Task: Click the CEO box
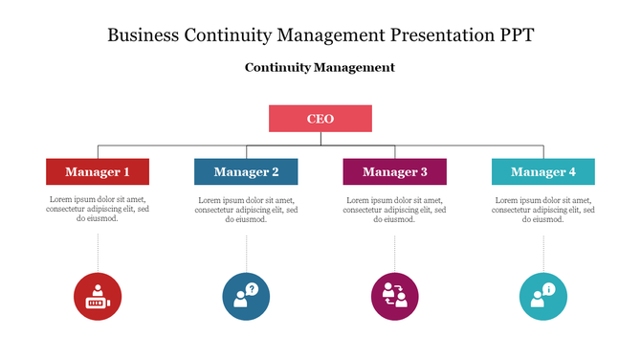[x=320, y=119]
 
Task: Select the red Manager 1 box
[x=98, y=172]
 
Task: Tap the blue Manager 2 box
[x=246, y=172]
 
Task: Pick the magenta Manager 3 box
[x=394, y=172]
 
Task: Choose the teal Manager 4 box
[x=543, y=172]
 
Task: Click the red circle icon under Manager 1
[x=98, y=296]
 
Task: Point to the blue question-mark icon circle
[x=246, y=296]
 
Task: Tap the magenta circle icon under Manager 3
[x=394, y=296]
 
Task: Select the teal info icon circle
[x=543, y=296]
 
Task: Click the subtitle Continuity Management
[x=320, y=68]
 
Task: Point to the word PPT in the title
[x=511, y=35]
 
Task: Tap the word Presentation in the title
[x=428, y=35]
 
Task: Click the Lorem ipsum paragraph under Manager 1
[x=98, y=210]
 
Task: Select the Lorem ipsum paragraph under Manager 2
[x=246, y=210]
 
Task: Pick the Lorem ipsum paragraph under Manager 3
[x=394, y=210]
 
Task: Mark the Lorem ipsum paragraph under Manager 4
[x=543, y=210]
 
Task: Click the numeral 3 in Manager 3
[x=424, y=172]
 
